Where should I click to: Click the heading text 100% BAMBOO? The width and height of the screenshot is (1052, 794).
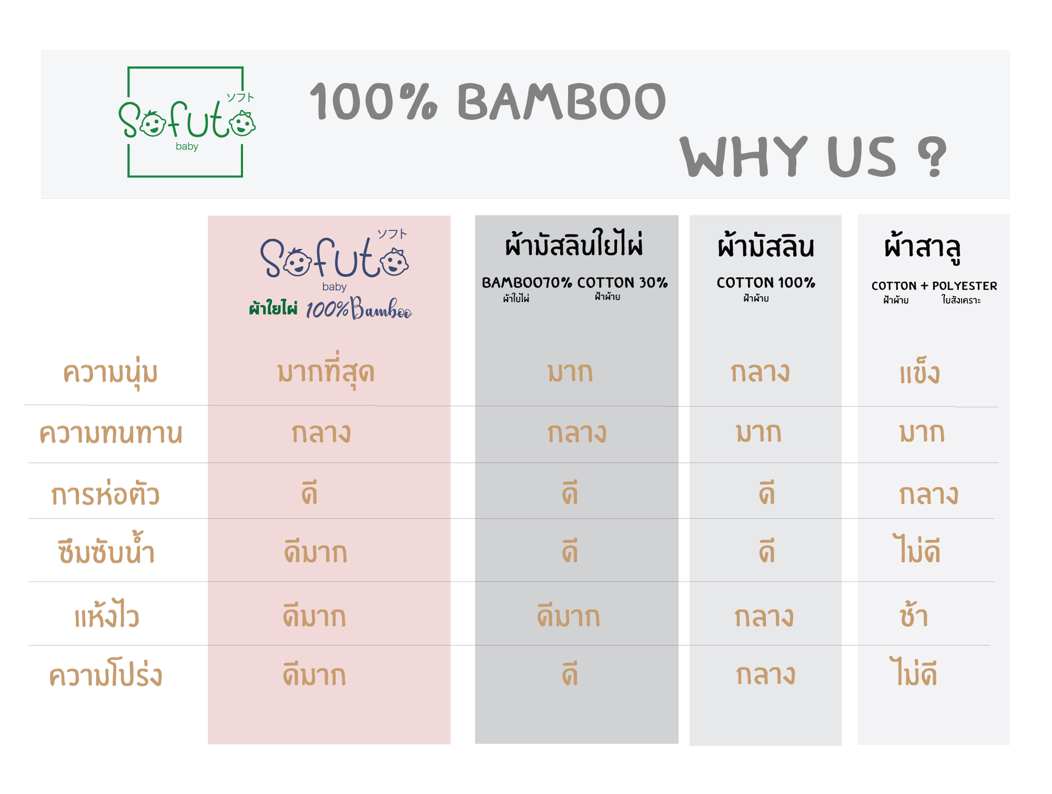point(488,101)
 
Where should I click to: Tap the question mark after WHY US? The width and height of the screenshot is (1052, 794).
point(932,156)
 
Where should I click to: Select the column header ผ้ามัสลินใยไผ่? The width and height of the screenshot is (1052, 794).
point(574,243)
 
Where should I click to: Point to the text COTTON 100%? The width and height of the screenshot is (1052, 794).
point(766,282)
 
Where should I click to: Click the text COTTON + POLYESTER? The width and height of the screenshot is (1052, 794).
point(934,286)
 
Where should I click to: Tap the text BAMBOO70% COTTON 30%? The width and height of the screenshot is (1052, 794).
point(575,282)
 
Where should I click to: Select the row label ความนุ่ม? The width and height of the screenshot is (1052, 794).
point(110,373)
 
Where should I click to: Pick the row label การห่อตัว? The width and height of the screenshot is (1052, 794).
point(105,493)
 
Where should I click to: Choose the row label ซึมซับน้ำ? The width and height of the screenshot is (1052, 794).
point(106,549)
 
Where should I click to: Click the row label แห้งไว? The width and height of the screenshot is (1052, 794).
point(107,614)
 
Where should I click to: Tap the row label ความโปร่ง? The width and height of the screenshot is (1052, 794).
point(106,673)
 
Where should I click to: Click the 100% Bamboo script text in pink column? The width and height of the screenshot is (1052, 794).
point(359,309)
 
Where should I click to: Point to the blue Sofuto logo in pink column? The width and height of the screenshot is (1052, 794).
point(335,259)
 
